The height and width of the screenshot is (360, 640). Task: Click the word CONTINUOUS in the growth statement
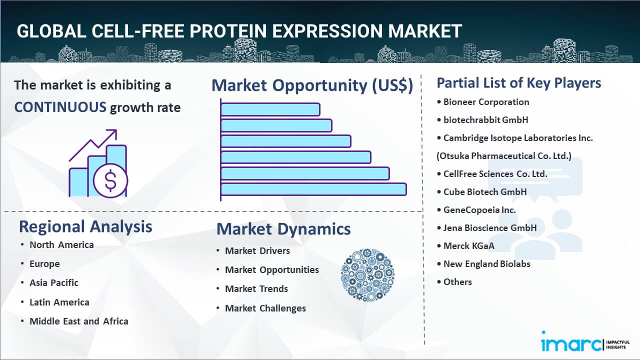pos(60,107)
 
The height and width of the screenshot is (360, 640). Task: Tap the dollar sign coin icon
pos(110,181)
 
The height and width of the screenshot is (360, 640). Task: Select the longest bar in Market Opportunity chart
pos(313,189)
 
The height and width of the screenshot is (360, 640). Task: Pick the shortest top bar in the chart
pos(270,109)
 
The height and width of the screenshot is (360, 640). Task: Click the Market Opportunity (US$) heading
pos(312,85)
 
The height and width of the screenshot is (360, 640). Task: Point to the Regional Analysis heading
pos(85,226)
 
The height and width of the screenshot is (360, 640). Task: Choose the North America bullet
pos(61,244)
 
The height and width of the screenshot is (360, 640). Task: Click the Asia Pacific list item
pos(54,282)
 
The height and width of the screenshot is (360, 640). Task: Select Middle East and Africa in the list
pos(79,321)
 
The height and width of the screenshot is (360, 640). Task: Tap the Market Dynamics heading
pos(283,229)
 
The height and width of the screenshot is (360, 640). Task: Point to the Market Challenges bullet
pos(265,308)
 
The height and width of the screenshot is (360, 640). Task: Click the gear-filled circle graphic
pos(367,275)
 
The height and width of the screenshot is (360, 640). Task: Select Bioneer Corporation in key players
pos(486,102)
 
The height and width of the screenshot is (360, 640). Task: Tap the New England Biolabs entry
pos(487,264)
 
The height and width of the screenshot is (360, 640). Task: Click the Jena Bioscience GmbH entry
pos(490,228)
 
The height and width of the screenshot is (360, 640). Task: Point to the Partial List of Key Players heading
pos(519,82)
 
